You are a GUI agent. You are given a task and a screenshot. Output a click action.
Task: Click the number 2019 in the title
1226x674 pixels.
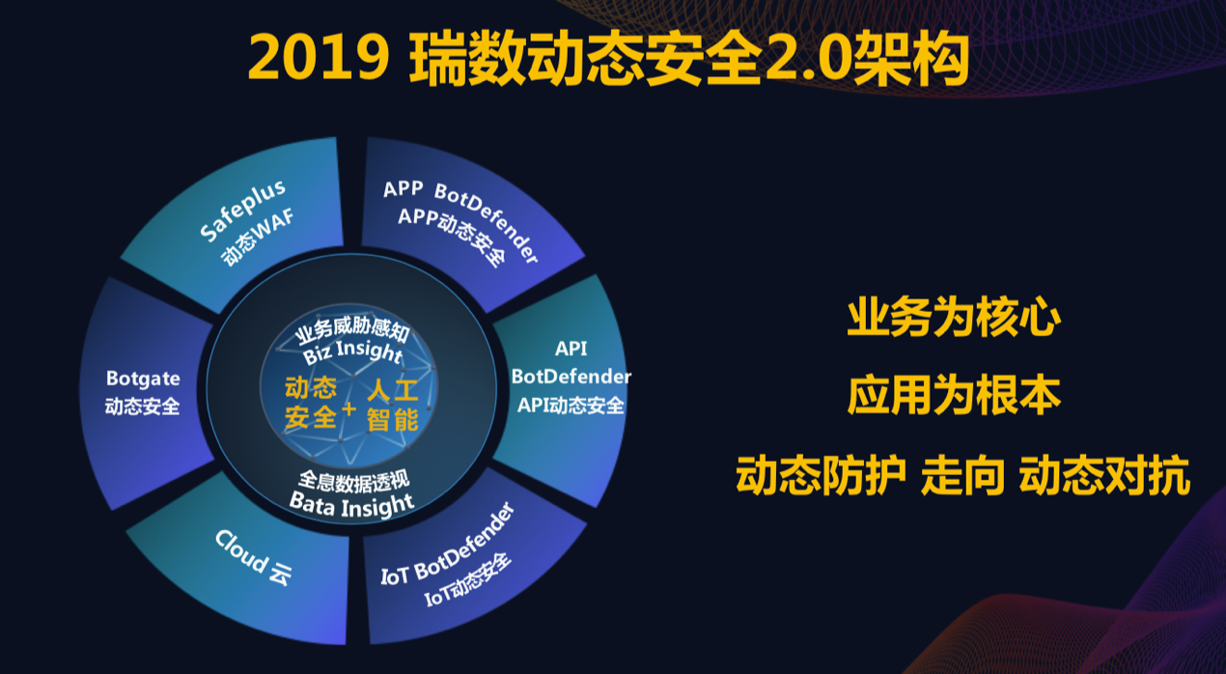[319, 57]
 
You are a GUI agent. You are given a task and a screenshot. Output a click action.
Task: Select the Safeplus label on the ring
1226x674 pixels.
[242, 211]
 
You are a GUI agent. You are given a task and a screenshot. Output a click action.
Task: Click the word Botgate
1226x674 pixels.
[143, 379]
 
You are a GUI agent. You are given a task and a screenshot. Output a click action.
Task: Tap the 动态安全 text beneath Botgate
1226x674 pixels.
[142, 407]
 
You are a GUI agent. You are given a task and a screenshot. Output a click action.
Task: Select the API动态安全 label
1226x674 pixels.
[571, 406]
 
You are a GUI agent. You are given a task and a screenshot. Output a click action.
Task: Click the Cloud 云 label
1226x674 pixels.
[253, 557]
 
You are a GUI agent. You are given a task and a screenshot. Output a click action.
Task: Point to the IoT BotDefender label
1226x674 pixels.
[448, 545]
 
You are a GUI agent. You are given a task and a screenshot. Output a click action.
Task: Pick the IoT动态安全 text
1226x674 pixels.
[467, 579]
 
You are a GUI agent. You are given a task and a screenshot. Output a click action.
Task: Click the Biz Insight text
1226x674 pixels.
[353, 351]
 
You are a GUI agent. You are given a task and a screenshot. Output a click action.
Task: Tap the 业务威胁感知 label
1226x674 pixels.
[353, 329]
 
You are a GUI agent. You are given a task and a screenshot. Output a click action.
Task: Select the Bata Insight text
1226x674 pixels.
[351, 504]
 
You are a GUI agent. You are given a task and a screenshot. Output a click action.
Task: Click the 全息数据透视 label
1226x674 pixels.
[353, 481]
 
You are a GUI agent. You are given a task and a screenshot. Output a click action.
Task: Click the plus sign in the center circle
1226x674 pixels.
[348, 408]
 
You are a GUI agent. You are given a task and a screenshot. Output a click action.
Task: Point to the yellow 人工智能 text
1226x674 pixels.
[393, 406]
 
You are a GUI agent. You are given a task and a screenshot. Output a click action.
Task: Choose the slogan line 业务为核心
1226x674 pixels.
[954, 317]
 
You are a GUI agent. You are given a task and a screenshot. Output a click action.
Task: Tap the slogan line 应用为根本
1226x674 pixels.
[954, 395]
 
